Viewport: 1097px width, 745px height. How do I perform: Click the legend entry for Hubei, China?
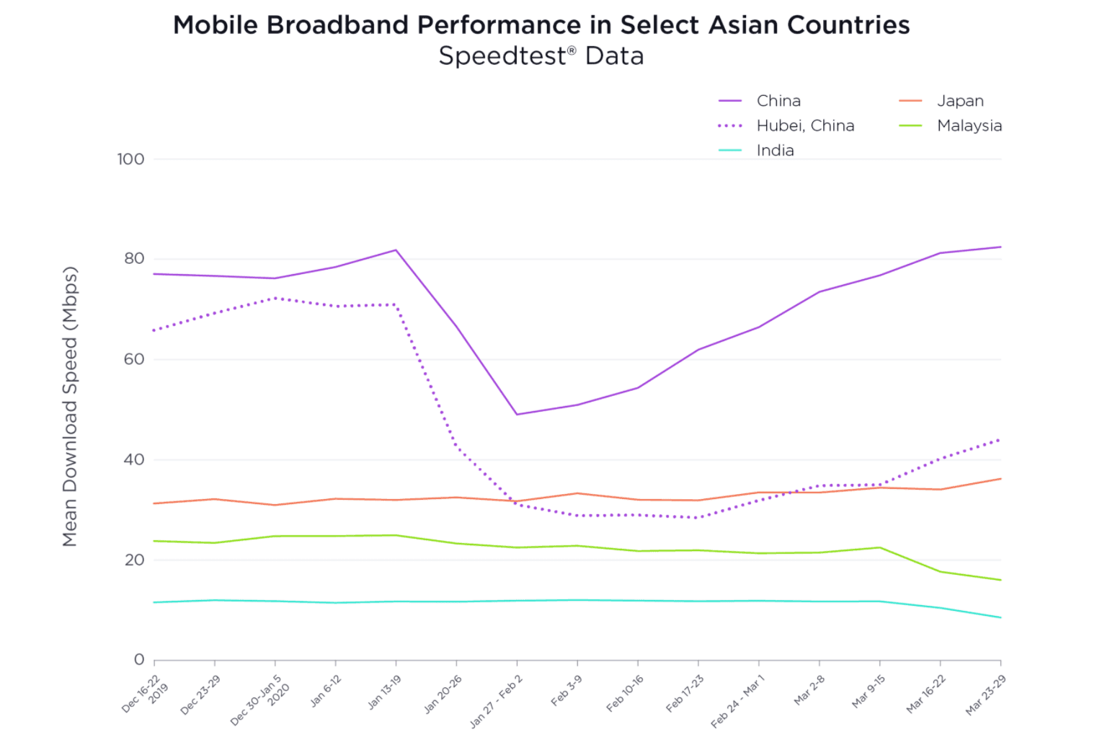pyautogui.click(x=804, y=125)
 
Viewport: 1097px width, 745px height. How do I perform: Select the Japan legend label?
pyautogui.click(x=959, y=101)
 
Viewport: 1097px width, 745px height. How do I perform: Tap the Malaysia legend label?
pyautogui.click(x=969, y=125)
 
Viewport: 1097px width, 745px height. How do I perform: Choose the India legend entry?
pyautogui.click(x=775, y=151)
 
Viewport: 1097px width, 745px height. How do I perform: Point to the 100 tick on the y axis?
pyautogui.click(x=130, y=159)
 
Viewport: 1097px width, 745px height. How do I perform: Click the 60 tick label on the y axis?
pyautogui.click(x=134, y=359)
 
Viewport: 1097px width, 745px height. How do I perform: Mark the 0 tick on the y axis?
pyautogui.click(x=139, y=660)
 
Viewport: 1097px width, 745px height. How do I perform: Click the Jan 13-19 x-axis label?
pyautogui.click(x=384, y=692)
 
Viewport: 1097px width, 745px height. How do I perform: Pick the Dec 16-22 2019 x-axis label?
pyautogui.click(x=143, y=695)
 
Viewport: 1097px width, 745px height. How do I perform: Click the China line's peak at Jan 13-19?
pyautogui.click(x=396, y=250)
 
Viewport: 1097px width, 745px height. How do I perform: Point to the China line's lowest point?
pyautogui.click(x=517, y=415)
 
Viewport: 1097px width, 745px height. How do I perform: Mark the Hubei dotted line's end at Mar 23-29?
pyautogui.click(x=1000, y=439)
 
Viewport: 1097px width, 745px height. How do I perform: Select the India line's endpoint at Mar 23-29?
pyautogui.click(x=1000, y=617)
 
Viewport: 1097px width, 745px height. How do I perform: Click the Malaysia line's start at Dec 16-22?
pyautogui.click(x=154, y=541)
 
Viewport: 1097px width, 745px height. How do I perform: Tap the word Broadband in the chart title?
pyautogui.click(x=338, y=25)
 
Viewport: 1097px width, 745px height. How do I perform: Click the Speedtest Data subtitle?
pyautogui.click(x=541, y=56)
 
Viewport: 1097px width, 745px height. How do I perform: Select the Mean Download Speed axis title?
pyautogui.click(x=70, y=407)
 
